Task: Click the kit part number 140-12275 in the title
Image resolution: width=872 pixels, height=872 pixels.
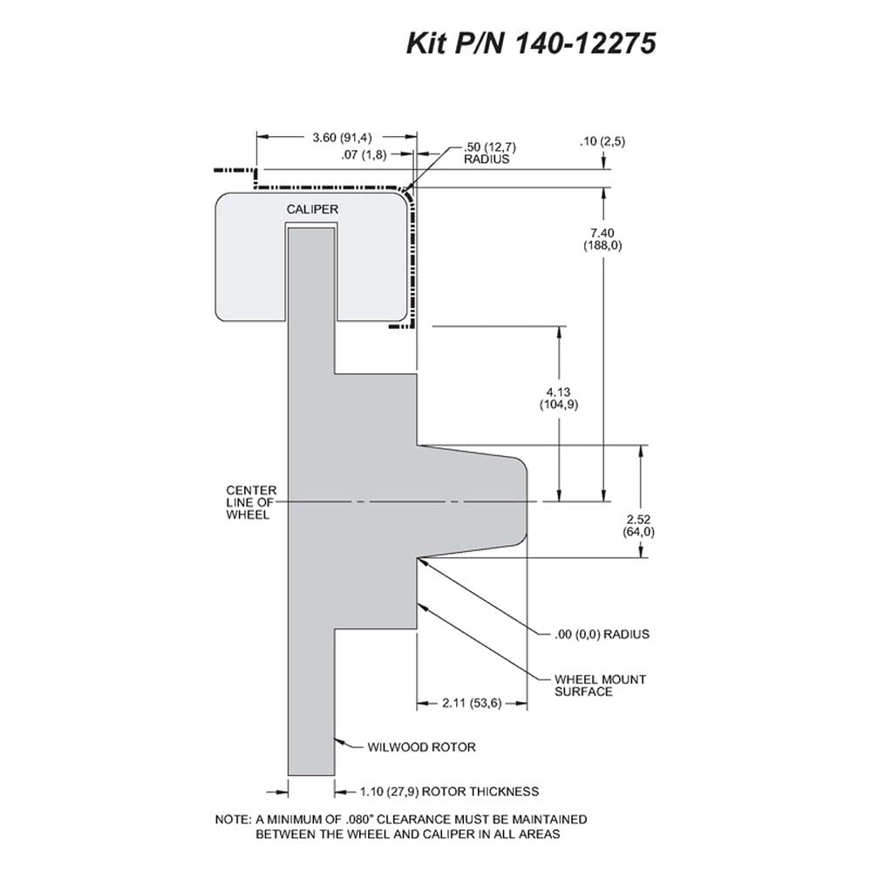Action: pos(586,43)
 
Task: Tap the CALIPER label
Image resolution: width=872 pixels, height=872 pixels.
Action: pos(312,209)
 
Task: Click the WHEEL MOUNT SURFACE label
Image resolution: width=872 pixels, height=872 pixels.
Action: pos(600,685)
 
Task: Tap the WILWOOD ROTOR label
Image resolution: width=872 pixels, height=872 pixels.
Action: pos(421,747)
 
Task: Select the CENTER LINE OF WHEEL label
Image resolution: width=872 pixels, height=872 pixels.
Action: pos(251,502)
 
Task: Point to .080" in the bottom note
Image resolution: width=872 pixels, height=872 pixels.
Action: pos(362,819)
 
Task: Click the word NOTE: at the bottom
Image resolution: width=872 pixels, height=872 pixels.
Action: pos(234,819)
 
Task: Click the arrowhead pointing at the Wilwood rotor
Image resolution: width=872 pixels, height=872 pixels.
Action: pos(339,740)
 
